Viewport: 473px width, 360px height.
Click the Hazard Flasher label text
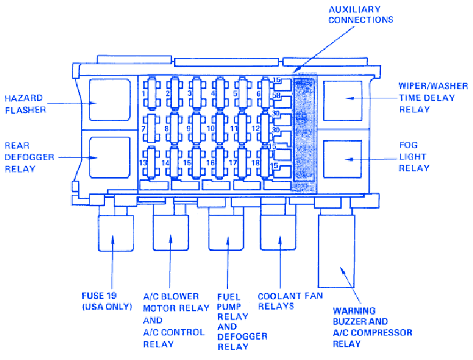pos(24,104)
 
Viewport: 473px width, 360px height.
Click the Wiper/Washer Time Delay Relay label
pos(433,98)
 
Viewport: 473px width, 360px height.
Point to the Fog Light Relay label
pos(414,156)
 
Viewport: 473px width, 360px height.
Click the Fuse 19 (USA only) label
pos(106,301)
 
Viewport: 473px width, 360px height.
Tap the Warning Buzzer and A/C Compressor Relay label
pos(372,327)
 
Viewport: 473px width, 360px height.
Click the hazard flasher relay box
pos(110,99)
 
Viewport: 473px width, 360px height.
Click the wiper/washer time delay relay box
pos(343,99)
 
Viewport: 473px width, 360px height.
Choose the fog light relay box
pos(343,158)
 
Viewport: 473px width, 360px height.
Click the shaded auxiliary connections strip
pos(305,132)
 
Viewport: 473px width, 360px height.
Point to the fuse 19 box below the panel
pos(115,240)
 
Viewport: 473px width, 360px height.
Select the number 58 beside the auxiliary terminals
pos(275,95)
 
